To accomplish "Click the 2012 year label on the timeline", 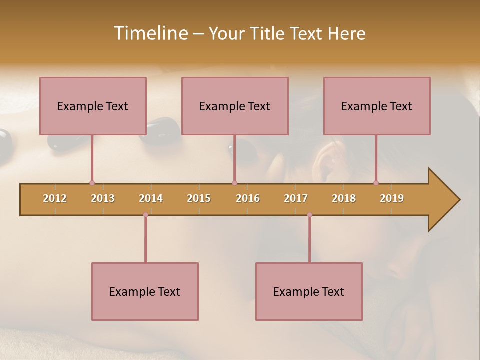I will [55, 198].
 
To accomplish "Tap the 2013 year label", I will [103, 198].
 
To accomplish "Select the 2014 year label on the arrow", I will [151, 198].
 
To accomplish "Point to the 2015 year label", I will [199, 198].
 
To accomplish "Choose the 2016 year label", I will [248, 198].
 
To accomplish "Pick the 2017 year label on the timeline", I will [296, 198].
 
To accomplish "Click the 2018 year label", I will [344, 198].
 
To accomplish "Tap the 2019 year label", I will [392, 198].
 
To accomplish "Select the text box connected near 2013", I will [93, 106].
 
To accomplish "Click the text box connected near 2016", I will [235, 106].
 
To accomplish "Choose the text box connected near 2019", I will [377, 106].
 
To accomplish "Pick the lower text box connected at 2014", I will [145, 291].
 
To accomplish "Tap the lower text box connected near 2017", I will [309, 291].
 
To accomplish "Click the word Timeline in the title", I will [149, 33].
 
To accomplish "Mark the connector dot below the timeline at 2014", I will [145, 215].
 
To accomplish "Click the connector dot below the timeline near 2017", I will [309, 215].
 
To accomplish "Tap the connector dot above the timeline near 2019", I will [376, 183].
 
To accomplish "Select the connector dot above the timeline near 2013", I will [92, 183].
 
